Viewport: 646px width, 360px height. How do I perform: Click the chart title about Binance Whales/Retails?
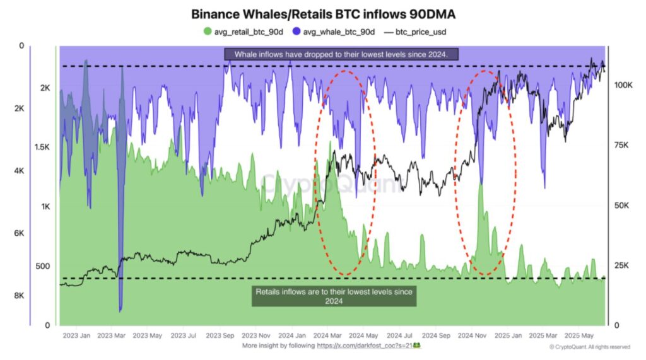(322, 14)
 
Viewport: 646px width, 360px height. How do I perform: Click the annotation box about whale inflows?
(341, 55)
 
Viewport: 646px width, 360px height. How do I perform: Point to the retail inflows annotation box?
(334, 296)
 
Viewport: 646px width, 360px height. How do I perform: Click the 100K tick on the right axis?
(623, 84)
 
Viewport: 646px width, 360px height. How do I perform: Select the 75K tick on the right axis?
(621, 146)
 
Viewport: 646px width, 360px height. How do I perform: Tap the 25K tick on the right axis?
(621, 265)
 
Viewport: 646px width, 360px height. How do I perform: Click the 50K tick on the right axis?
(621, 206)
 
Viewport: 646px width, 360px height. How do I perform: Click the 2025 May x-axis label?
(578, 335)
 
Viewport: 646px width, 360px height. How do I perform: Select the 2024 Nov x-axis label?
(471, 335)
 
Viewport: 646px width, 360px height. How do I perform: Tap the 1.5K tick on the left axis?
(41, 147)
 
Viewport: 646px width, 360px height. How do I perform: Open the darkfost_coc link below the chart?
(368, 346)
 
